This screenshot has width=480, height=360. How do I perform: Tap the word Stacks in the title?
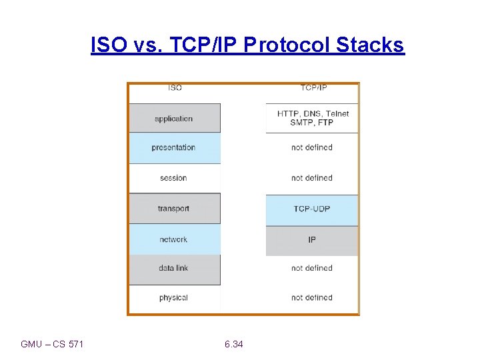click(x=370, y=45)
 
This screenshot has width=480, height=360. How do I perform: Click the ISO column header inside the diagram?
click(x=175, y=88)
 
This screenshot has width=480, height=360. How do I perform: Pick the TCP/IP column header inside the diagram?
click(x=313, y=88)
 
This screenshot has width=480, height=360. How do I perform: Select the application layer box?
click(x=174, y=119)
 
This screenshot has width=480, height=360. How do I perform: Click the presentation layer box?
click(x=174, y=147)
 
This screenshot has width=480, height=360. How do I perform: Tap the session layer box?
click(x=174, y=178)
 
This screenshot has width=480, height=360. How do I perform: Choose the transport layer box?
click(x=174, y=209)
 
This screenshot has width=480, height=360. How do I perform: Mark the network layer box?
click(x=174, y=239)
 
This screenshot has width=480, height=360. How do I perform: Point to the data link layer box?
click(x=174, y=268)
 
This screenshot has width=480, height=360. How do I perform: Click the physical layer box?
click(x=174, y=298)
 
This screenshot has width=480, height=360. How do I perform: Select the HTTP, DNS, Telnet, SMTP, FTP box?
click(x=312, y=118)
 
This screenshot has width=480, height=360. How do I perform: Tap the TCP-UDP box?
click(x=312, y=209)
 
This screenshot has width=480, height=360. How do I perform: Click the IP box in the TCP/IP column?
click(x=312, y=239)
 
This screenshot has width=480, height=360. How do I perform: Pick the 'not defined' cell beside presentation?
click(x=312, y=147)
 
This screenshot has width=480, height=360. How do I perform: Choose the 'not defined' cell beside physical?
click(x=312, y=298)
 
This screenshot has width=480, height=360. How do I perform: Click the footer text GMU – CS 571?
click(x=52, y=344)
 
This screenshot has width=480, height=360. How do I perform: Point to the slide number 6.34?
click(x=234, y=344)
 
